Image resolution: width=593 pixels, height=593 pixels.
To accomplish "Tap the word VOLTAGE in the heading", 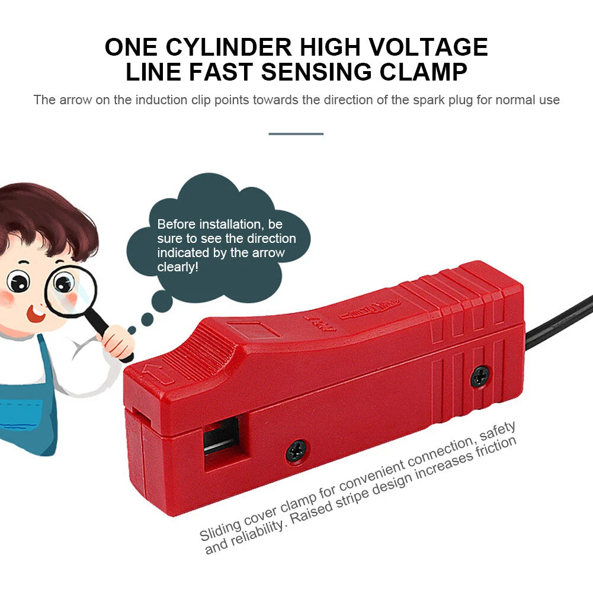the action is pos(428,47).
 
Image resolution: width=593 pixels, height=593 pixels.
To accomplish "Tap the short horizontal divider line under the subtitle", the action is pos(296,134).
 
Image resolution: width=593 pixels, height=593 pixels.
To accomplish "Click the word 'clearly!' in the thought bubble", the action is pos(178,267).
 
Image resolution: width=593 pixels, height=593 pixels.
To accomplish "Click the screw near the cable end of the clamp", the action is pos(480,376).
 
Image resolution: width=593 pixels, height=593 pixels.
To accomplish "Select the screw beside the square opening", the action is pos(296,451).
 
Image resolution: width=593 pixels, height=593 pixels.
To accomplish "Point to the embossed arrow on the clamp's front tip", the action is pos(158,374).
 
